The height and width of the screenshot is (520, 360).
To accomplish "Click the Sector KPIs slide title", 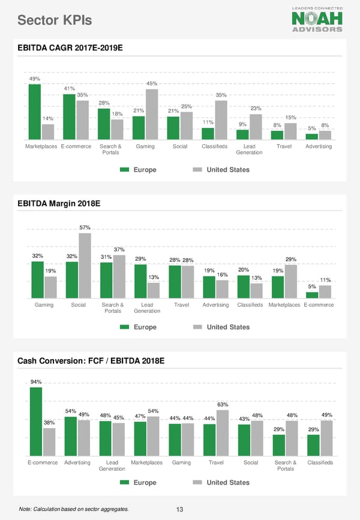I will [55, 21].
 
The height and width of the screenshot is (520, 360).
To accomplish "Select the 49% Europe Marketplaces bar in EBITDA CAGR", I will [35, 112].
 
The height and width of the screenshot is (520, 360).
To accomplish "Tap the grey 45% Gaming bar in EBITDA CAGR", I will [152, 114].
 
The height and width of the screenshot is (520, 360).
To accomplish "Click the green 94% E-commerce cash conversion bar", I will [36, 422].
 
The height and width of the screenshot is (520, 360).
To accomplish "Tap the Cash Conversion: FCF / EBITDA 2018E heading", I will [91, 361].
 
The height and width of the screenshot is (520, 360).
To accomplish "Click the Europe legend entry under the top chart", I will [139, 170].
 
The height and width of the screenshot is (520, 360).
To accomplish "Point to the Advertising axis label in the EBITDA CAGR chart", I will [319, 147].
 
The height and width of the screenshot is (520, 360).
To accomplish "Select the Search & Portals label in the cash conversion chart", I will [286, 465].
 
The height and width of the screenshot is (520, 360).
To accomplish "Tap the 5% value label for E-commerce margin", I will [312, 286].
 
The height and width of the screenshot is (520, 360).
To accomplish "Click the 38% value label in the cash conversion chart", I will [49, 422].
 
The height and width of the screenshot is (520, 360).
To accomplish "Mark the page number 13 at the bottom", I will [179, 510].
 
